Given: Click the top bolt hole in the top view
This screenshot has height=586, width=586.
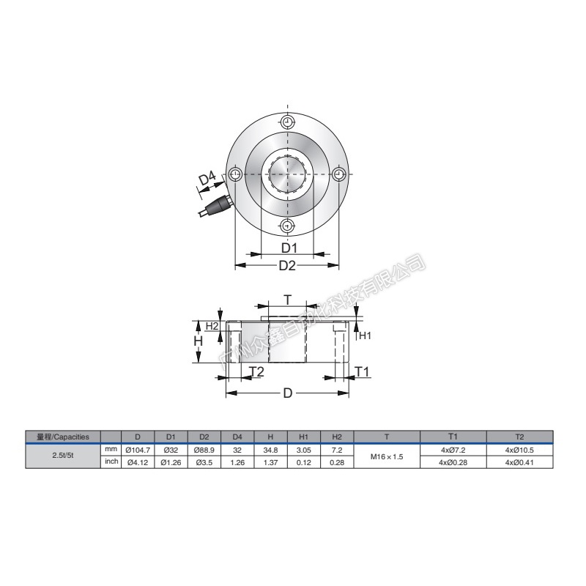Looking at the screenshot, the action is click(287, 122).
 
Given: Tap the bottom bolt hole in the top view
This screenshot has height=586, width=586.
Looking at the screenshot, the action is click(287, 226).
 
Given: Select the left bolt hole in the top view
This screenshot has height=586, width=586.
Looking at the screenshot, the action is click(235, 174).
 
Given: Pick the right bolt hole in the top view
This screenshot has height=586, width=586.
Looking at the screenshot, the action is click(339, 174).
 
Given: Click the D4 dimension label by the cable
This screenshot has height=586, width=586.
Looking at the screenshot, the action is click(207, 178).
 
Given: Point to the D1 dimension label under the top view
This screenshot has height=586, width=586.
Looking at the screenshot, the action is click(289, 248).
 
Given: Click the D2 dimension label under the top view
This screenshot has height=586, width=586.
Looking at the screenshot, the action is click(287, 265).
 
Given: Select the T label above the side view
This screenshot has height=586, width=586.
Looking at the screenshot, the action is click(287, 300).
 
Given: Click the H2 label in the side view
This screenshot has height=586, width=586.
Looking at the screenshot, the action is click(212, 326).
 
